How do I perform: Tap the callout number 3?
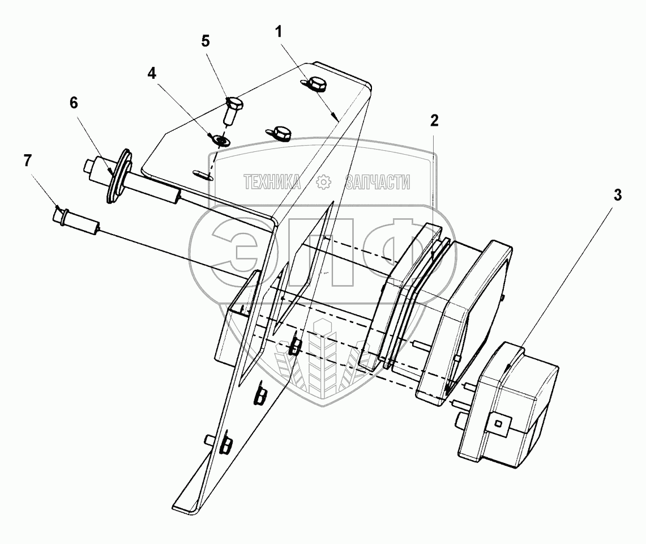tap(618, 195)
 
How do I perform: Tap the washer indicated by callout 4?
tap(219, 138)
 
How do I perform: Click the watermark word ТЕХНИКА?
tap(272, 182)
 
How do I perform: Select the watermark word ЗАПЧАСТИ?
tap(377, 182)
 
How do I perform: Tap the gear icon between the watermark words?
tap(323, 182)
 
